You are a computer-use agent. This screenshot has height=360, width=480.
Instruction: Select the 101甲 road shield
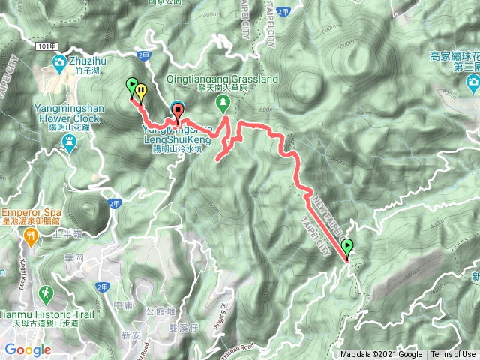pos(45,45)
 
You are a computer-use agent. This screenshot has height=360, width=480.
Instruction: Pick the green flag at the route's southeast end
pos(347,246)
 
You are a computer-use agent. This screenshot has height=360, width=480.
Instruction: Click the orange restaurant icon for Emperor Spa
pos(31,236)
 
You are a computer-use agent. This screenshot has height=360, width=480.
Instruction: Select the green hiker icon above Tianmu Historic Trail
pos(46,292)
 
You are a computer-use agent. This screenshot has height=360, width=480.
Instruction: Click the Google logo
pos(28,349)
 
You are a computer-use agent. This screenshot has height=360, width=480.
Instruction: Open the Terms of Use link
pos(452,355)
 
